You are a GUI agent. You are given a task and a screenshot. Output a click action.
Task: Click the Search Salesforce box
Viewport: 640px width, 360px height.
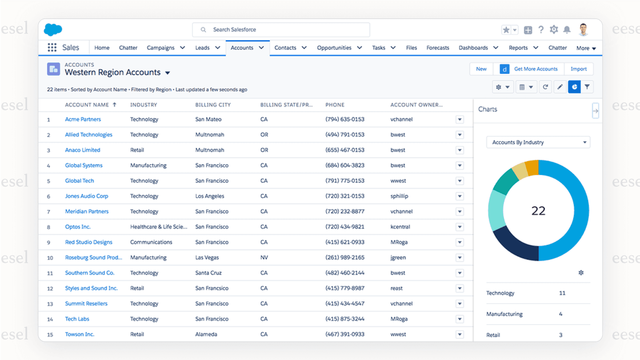click(x=281, y=30)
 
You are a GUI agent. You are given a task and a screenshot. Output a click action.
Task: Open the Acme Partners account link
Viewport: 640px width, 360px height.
click(x=83, y=119)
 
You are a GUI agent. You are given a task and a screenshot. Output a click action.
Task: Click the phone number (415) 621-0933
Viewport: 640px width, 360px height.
click(x=344, y=242)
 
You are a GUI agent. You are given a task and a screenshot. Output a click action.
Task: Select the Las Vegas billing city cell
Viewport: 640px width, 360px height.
click(x=207, y=258)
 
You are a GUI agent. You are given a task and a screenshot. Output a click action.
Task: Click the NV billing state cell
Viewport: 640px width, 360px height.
click(x=264, y=258)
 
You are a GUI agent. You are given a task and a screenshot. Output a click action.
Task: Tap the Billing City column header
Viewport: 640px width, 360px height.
click(x=213, y=105)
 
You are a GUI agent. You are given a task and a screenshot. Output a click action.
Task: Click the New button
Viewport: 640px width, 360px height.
click(x=481, y=69)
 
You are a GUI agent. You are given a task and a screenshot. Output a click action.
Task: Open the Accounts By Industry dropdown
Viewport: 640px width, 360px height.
click(x=538, y=142)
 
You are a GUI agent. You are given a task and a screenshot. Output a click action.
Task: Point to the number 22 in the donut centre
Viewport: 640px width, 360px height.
click(x=538, y=211)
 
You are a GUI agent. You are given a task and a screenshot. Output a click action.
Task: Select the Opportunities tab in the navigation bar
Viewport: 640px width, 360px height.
click(x=334, y=48)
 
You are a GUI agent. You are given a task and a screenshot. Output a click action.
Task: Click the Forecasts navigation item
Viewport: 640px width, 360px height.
click(x=438, y=48)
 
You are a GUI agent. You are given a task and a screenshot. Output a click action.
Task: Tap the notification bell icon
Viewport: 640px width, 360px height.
click(x=567, y=30)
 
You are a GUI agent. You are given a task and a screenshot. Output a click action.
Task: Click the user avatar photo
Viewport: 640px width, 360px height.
click(x=583, y=29)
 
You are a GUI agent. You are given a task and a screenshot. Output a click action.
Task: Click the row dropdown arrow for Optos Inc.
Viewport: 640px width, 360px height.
click(x=460, y=227)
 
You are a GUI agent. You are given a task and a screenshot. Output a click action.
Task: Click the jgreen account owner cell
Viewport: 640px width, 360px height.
click(x=398, y=258)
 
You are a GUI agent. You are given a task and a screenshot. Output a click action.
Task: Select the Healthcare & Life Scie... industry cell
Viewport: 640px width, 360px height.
click(x=158, y=227)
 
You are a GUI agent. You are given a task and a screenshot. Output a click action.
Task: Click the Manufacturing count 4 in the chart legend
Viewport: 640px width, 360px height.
click(x=560, y=314)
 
